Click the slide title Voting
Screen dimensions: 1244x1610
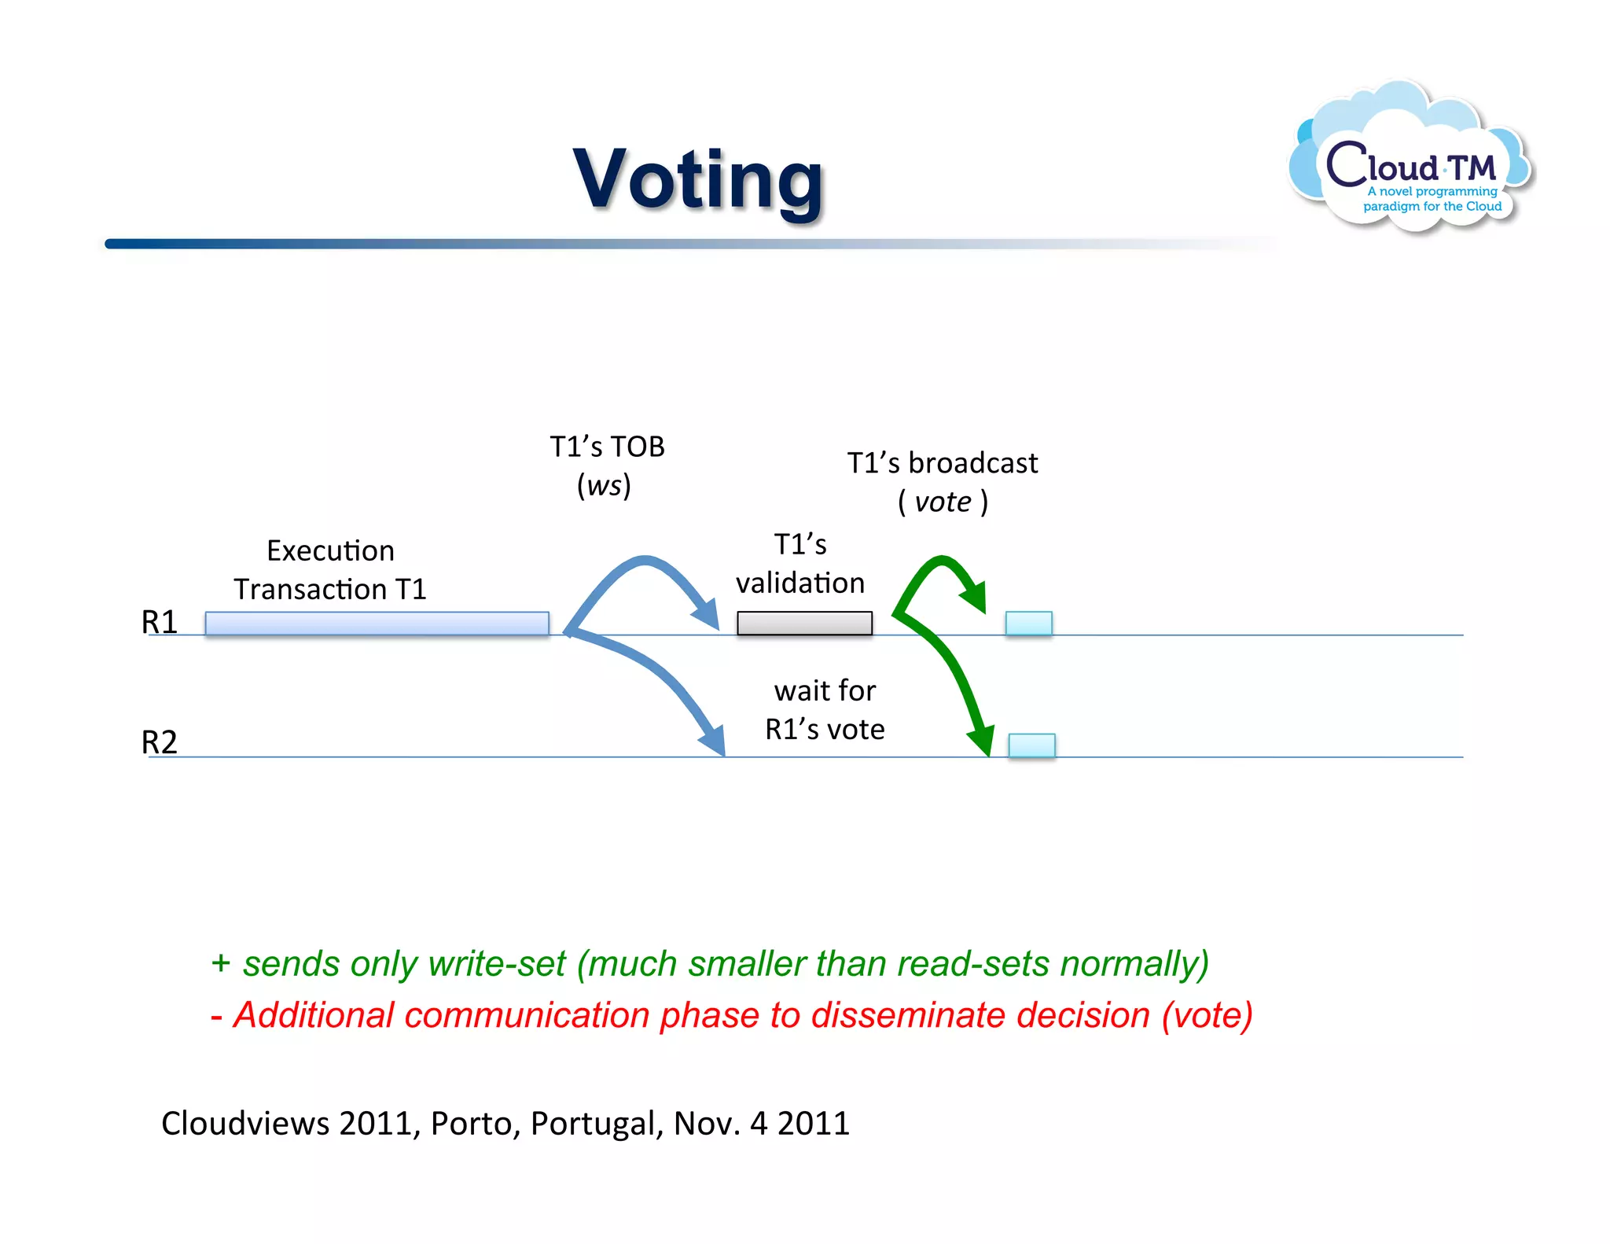coord(698,180)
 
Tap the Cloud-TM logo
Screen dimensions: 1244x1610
coord(1412,161)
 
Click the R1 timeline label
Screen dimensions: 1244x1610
coord(160,622)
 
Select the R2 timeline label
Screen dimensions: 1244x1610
coord(160,742)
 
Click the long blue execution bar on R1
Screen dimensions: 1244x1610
coord(377,624)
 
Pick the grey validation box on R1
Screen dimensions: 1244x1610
coord(804,624)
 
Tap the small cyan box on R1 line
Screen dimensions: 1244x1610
coord(1028,624)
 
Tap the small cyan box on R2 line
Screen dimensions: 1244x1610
coord(1031,745)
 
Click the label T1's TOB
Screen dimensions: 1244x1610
coord(607,447)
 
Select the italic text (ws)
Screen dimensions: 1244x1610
coord(604,485)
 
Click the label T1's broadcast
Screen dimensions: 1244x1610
coord(942,463)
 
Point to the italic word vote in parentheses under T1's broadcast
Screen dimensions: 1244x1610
coord(943,502)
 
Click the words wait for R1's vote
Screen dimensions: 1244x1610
coord(825,710)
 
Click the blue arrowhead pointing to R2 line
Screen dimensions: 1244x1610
coord(712,739)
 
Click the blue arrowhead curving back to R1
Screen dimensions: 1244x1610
coord(707,613)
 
